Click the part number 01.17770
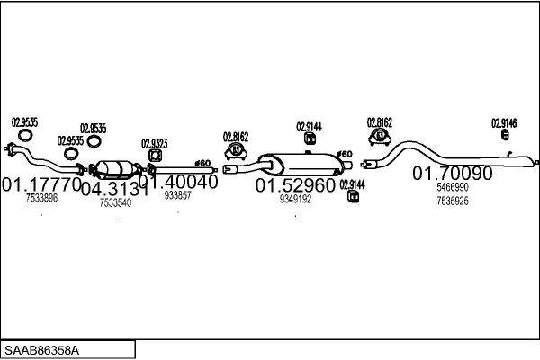(41, 184)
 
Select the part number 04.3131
(114, 190)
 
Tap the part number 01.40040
(177, 181)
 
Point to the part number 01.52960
(295, 185)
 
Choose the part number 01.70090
(452, 174)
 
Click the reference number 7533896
(41, 198)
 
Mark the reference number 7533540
(115, 203)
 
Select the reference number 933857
(177, 195)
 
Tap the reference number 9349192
(295, 199)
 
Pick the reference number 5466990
(452, 187)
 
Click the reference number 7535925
(452, 201)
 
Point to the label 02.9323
(154, 143)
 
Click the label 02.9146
(503, 122)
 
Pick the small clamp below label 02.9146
(504, 136)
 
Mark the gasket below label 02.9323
(152, 156)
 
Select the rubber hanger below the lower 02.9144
(352, 198)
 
